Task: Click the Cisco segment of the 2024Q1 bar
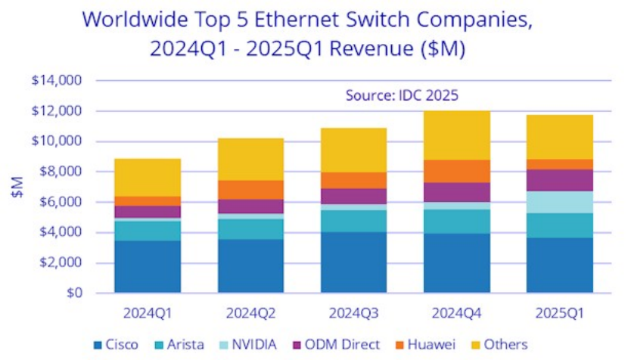(x=147, y=266)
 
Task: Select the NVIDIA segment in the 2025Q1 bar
(x=561, y=202)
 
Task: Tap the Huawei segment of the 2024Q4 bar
(x=457, y=171)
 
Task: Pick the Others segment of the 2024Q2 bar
(x=250, y=159)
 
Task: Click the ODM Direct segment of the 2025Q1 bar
(x=561, y=180)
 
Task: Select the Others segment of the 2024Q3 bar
(x=354, y=150)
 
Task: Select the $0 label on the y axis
(x=73, y=293)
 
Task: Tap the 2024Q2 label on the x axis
(x=250, y=311)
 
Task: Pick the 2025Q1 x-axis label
(x=561, y=311)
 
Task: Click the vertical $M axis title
(x=17, y=187)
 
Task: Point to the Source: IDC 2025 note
(x=402, y=96)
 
